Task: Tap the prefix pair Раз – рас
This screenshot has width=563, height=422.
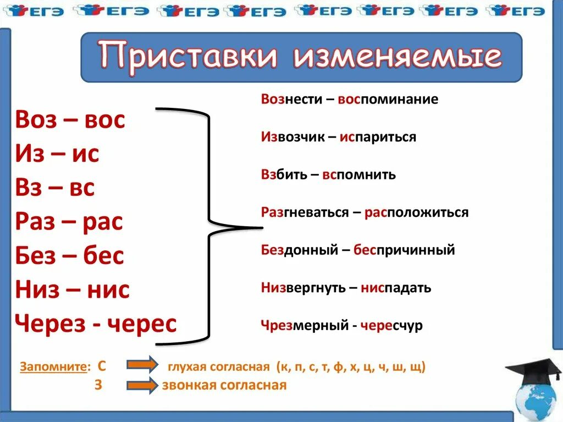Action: click(x=69, y=222)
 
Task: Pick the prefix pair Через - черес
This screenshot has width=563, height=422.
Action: click(x=96, y=324)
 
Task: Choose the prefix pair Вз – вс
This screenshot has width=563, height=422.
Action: click(x=55, y=188)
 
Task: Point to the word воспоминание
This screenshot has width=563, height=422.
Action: click(x=388, y=100)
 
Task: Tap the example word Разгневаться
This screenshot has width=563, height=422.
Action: click(x=305, y=212)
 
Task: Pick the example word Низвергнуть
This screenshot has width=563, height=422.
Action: click(x=303, y=287)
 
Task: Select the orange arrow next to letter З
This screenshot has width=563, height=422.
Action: click(x=142, y=385)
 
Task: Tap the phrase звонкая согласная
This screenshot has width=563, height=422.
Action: click(x=224, y=385)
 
